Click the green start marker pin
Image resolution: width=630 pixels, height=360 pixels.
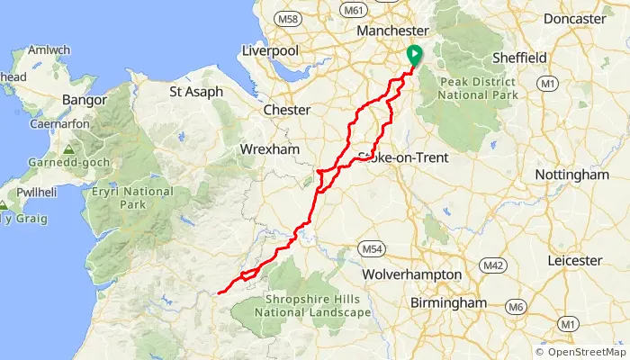pyautogui.click(x=414, y=55)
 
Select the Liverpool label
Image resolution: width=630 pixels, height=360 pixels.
pyautogui.click(x=270, y=51)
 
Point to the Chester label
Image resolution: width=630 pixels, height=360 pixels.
pyautogui.click(x=287, y=110)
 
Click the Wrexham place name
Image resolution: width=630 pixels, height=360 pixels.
pyautogui.click(x=269, y=148)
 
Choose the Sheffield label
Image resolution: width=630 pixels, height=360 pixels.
pyautogui.click(x=519, y=58)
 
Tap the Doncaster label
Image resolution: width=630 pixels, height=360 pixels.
pyautogui.click(x=574, y=19)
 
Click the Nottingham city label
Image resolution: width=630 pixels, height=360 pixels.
pyautogui.click(x=571, y=175)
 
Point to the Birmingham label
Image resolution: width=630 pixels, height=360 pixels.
pyautogui.click(x=448, y=303)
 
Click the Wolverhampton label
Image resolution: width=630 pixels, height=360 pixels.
pyautogui.click(x=411, y=274)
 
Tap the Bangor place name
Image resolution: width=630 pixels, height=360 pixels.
pyautogui.click(x=85, y=100)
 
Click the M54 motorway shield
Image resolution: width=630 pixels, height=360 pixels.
pyautogui.click(x=369, y=247)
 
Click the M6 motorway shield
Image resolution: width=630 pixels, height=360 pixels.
pyautogui.click(x=515, y=307)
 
